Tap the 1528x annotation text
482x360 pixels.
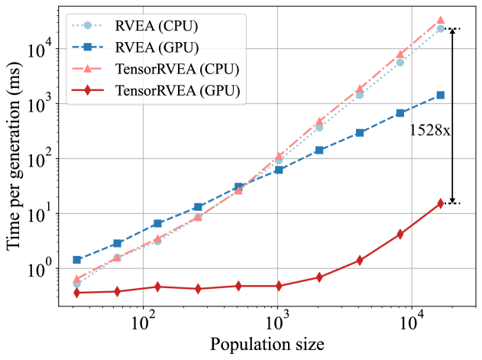point(430,130)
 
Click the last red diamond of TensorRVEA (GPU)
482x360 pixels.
point(441,203)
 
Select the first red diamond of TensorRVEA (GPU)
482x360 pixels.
point(76,292)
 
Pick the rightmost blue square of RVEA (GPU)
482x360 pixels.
point(441,96)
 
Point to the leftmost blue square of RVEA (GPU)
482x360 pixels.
point(76,260)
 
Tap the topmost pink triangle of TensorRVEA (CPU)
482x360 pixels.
point(441,20)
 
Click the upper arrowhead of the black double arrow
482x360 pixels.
point(453,32)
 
